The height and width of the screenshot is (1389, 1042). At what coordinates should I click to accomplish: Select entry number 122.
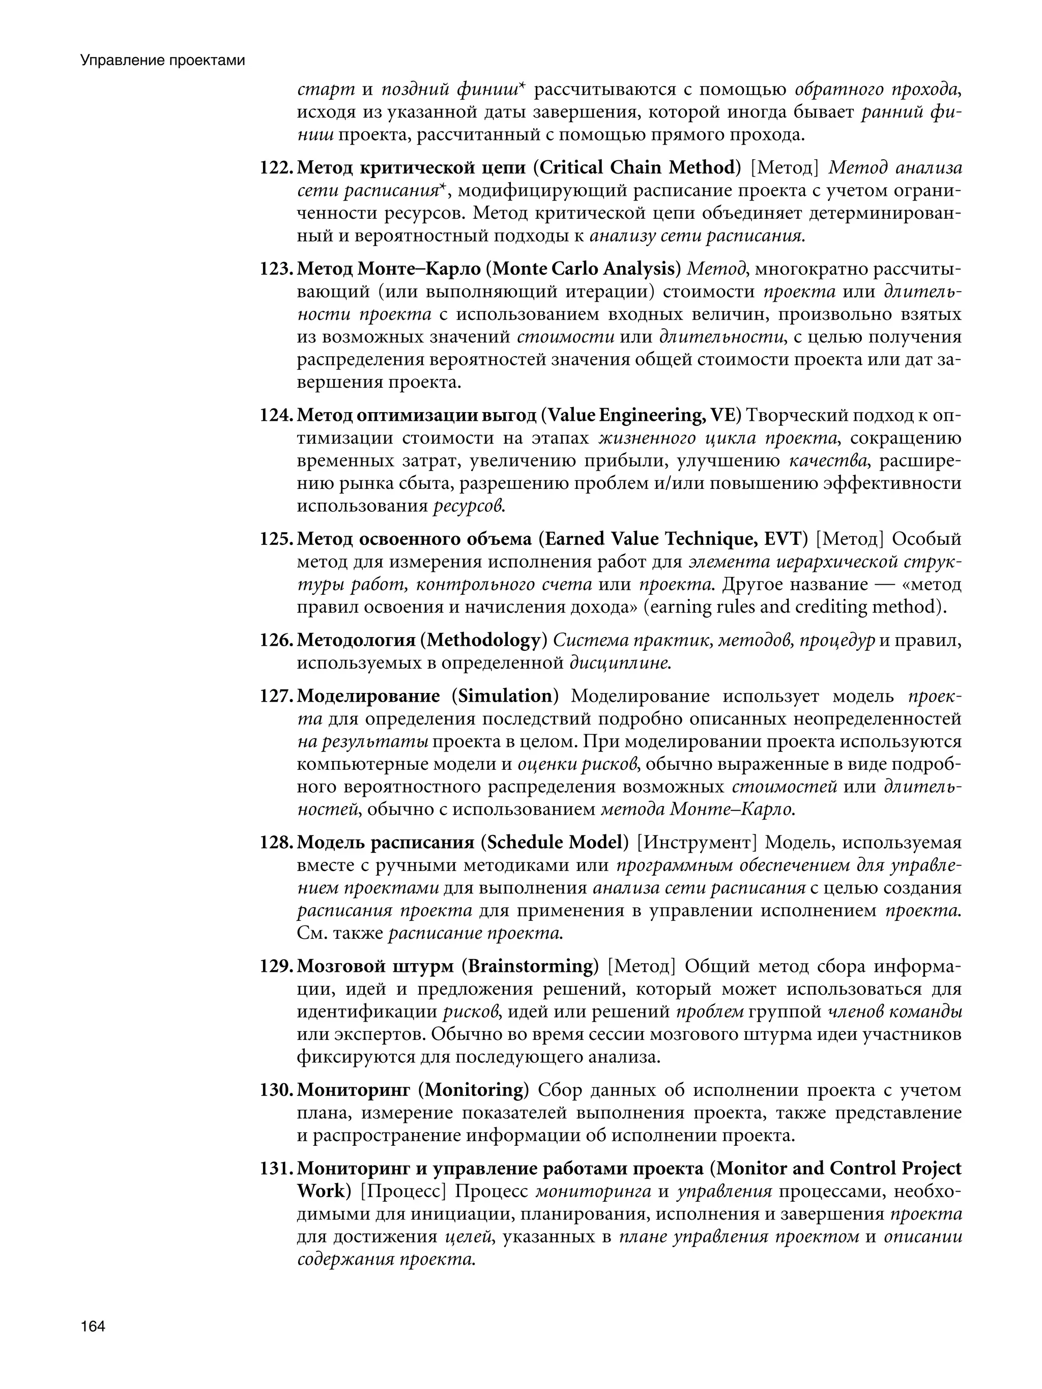[x=276, y=168]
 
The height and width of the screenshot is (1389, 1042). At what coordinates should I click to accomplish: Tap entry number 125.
[x=276, y=539]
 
